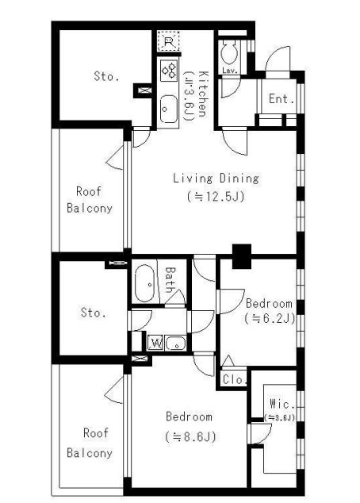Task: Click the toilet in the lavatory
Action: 229,53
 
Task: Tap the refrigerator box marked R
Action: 168,40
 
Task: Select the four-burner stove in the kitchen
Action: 169,71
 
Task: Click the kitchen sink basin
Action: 169,109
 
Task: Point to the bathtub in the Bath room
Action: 145,283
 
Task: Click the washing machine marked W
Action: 156,344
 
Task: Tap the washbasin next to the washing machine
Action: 176,344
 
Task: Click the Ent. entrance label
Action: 281,99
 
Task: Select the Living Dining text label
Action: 216,179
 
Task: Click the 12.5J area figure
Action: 216,196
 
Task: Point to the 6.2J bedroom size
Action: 270,319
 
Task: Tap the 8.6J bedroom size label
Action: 191,436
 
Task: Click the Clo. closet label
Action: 235,380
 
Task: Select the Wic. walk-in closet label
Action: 282,404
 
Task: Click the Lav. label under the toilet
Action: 229,71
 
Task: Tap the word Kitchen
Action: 203,94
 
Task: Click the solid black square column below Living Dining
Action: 241,256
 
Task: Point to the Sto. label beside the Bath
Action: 94,312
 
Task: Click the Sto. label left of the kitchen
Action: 106,76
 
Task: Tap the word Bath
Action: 170,280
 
